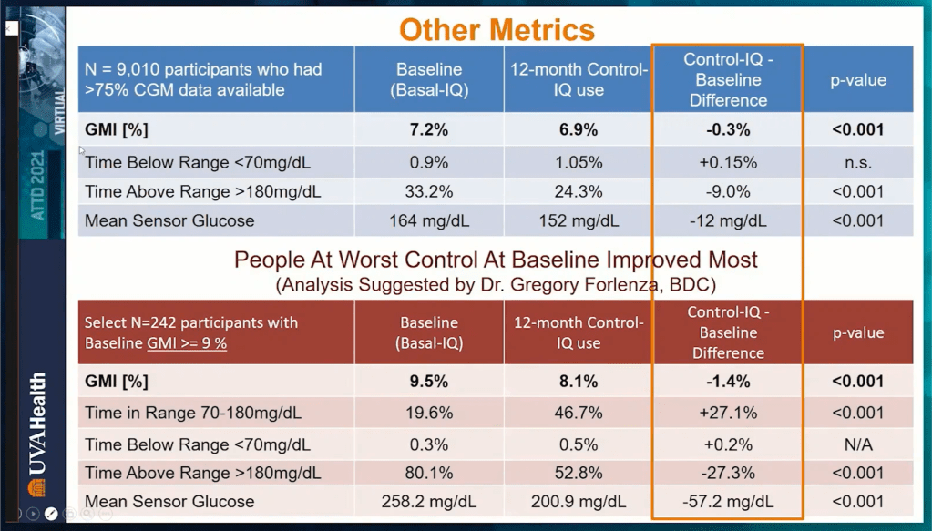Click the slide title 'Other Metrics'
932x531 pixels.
coord(497,29)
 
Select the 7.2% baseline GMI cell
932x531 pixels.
coord(428,129)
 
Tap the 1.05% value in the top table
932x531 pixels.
coord(577,163)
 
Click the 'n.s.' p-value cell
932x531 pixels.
coord(856,163)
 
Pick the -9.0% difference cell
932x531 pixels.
coord(728,192)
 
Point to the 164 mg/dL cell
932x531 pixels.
coord(428,220)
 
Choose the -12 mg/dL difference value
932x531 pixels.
coord(728,220)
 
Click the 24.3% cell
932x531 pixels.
coord(577,192)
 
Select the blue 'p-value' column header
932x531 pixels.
coord(856,80)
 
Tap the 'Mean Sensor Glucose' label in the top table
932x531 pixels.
coord(169,220)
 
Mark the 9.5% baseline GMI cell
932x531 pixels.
coord(428,381)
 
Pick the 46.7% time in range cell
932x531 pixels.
coord(577,413)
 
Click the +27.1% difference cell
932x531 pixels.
coord(728,413)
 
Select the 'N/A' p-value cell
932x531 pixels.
coord(856,444)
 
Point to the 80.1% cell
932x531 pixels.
coord(428,473)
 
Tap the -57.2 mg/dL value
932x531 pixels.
coord(728,502)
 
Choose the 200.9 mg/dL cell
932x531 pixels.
coord(577,502)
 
